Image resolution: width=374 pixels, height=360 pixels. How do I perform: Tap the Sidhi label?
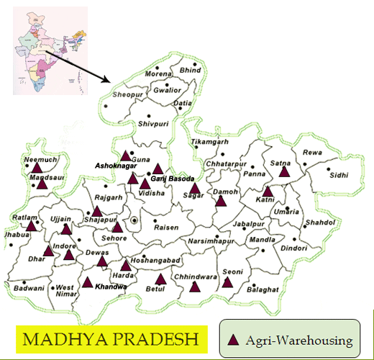[x=338, y=174]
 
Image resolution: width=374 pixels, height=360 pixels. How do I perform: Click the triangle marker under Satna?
[x=284, y=171]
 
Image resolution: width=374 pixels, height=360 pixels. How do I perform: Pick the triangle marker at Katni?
[x=268, y=192]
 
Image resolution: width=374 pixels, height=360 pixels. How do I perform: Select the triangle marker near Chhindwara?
[x=194, y=286]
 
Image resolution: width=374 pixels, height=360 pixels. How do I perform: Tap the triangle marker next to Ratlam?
[x=32, y=225]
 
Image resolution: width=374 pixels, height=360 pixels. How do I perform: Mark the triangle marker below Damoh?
[x=220, y=200]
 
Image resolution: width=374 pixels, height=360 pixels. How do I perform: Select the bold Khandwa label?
[x=111, y=287]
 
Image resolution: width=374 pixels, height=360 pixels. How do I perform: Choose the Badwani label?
[x=29, y=287]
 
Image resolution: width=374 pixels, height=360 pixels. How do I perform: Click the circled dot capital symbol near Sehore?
[x=134, y=220]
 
